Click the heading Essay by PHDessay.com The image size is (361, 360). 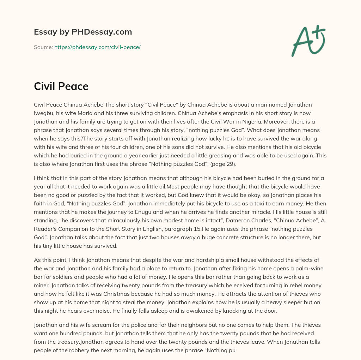point(83,32)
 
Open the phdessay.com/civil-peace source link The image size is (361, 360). point(97,47)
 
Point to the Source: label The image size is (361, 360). point(43,47)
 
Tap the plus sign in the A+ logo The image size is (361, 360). point(319,31)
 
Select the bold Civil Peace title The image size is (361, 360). point(61,86)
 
